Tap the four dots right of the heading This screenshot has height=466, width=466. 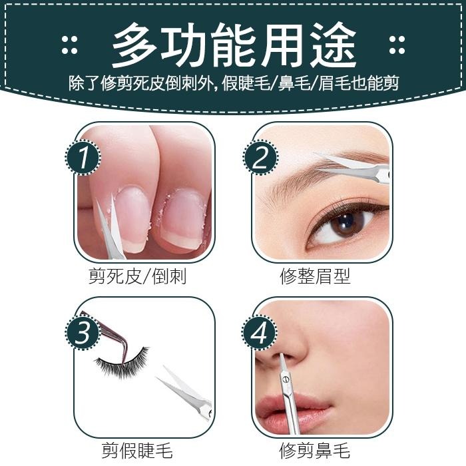point(397,45)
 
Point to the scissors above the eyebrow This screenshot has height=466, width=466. point(356,166)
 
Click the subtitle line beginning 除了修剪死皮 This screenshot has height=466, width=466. point(233,85)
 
